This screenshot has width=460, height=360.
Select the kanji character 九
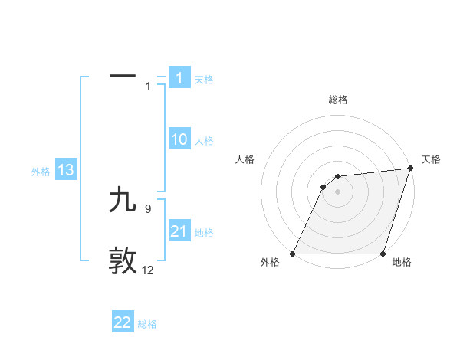coord(123,200)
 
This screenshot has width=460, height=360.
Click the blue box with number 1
coord(179,78)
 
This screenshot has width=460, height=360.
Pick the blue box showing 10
coord(179,139)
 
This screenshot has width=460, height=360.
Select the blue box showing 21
coord(179,231)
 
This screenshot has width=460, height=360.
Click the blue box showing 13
coord(66,170)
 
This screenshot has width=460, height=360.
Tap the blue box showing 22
coord(123,322)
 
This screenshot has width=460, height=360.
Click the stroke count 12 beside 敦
coord(148,270)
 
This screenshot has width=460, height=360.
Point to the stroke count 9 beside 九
coord(148,208)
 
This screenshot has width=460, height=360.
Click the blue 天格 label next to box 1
coord(204,80)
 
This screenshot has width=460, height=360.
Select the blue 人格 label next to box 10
coord(204,141)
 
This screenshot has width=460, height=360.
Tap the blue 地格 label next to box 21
coord(204,233)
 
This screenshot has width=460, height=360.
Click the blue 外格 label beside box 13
coord(41,172)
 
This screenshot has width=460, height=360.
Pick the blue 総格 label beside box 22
coord(147,324)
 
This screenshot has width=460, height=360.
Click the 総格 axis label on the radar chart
coord(338,100)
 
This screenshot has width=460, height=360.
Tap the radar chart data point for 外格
coord(293,254)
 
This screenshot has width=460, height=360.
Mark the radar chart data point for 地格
coord(383,254)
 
